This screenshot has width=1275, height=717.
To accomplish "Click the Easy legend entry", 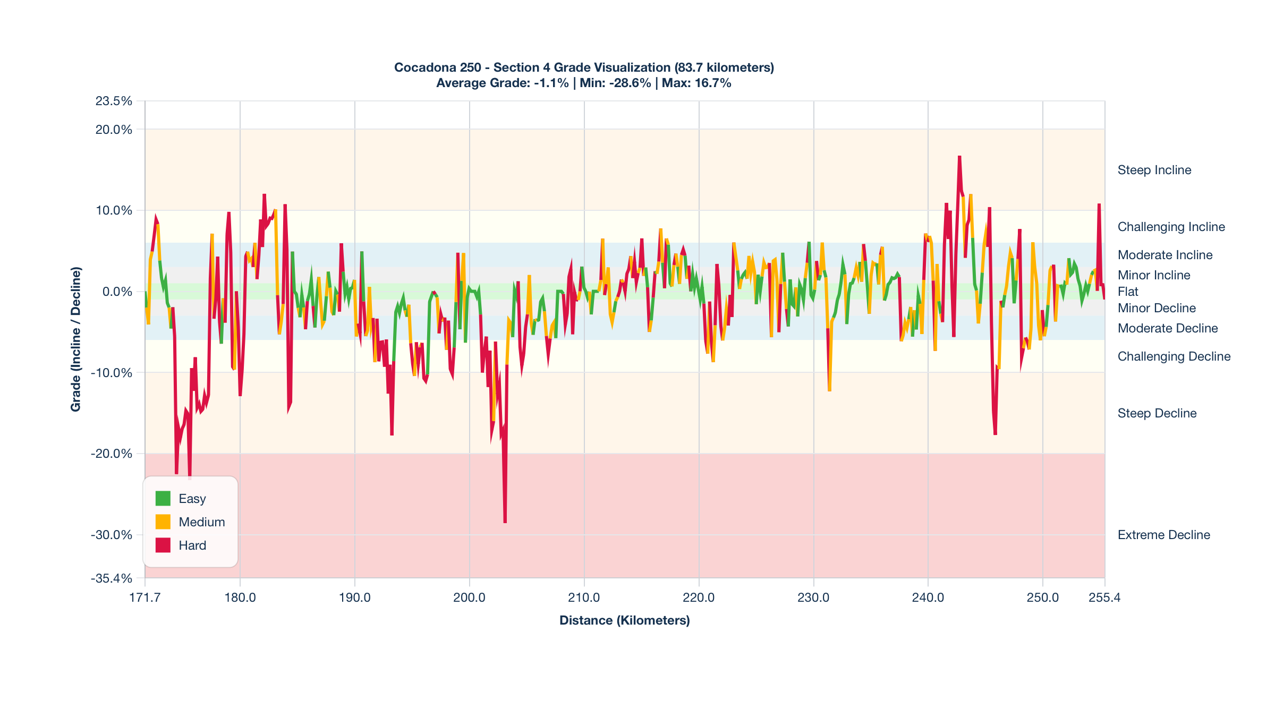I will tap(192, 499).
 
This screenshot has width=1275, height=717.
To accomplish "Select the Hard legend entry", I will tap(192, 545).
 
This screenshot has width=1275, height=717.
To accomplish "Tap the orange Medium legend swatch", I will tap(163, 522).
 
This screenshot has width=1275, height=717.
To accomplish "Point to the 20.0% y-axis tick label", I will tap(114, 130).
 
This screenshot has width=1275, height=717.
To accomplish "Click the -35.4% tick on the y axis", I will tap(112, 578).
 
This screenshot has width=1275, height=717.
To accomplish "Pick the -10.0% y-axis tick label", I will tap(112, 373).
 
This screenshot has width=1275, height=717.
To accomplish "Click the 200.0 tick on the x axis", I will tap(469, 597).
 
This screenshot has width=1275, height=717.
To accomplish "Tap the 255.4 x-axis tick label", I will tap(1104, 597).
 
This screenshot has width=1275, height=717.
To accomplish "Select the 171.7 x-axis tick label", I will tap(145, 597).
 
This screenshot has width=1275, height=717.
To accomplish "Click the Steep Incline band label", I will tap(1154, 170).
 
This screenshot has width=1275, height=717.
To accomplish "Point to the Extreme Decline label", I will tap(1163, 535).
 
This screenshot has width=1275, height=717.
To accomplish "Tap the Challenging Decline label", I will tap(1174, 356).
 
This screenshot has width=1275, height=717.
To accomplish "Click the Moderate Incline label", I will tap(1164, 255).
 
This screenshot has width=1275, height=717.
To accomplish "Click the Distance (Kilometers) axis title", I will tap(624, 620).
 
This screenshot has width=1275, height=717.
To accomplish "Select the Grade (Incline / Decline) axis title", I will tap(76, 339).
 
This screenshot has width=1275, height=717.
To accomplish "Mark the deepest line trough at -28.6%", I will tap(505, 522).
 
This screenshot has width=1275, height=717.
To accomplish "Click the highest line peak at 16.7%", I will tap(959, 157).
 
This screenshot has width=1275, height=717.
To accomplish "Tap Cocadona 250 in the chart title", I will tap(437, 67).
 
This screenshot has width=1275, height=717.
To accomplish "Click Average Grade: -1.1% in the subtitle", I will tap(502, 83).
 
